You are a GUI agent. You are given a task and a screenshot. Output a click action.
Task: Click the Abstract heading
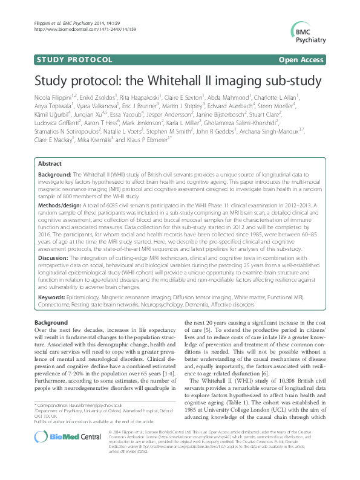click(50, 164)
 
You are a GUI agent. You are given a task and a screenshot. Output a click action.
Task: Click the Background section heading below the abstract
click(51, 323)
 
